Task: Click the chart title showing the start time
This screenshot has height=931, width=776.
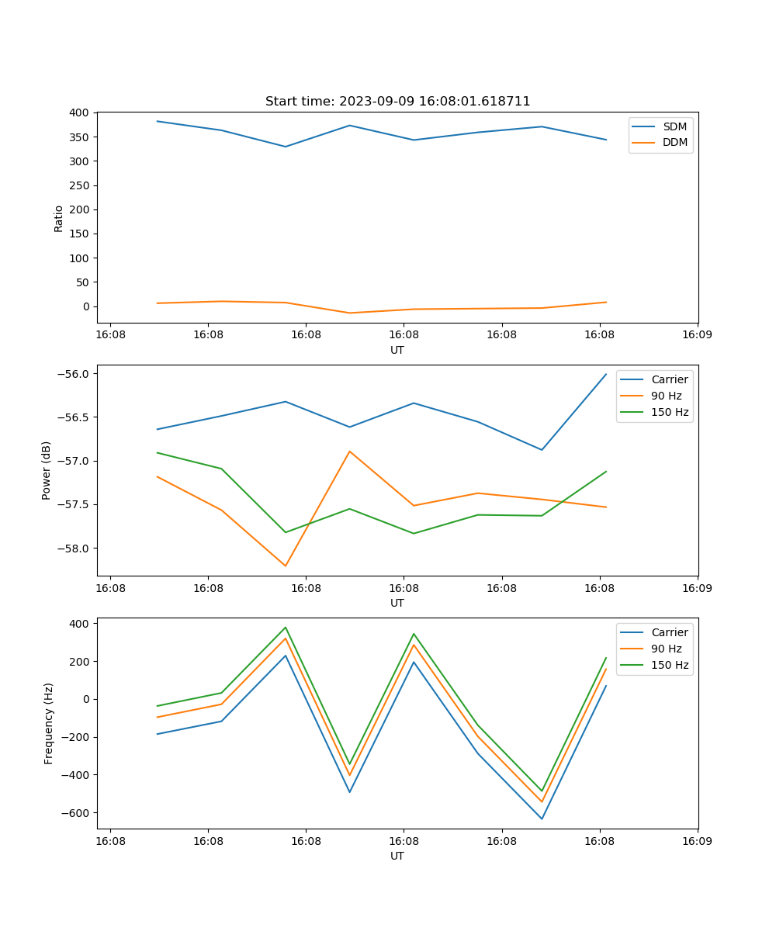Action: tap(397, 102)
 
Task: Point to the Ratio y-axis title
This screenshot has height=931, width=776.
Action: tap(59, 218)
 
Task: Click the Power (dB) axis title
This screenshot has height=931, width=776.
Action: tap(47, 470)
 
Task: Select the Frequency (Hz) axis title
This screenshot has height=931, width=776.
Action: tap(49, 723)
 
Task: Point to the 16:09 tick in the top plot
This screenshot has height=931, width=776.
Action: tap(698, 335)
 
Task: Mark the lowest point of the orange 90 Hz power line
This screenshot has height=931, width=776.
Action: tap(286, 566)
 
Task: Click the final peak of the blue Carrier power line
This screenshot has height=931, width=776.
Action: tap(606, 374)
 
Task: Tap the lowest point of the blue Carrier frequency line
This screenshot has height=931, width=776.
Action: tap(542, 819)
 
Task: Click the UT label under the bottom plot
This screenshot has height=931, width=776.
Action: tap(397, 856)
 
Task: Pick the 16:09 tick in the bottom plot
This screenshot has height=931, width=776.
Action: tap(698, 841)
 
